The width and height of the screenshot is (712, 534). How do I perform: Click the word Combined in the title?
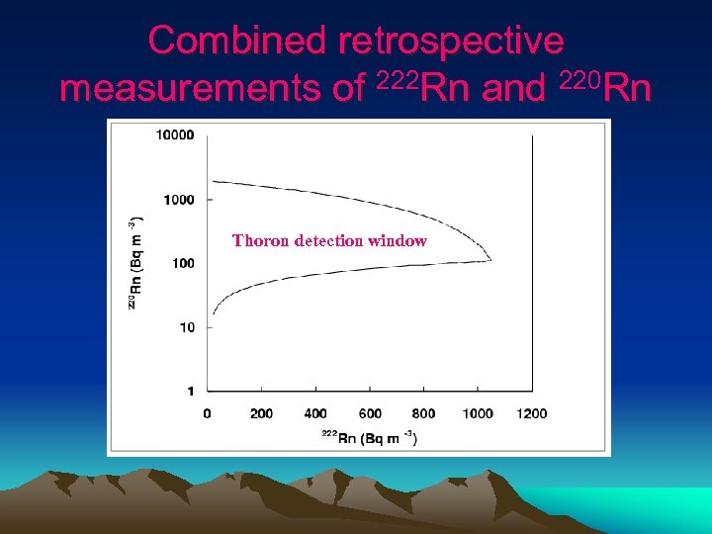[237, 41]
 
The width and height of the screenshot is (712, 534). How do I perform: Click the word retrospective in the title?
[451, 41]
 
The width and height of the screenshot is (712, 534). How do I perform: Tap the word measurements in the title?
[188, 89]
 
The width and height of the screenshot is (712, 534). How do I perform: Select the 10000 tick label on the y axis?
[175, 135]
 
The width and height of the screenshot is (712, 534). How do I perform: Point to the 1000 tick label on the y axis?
[178, 200]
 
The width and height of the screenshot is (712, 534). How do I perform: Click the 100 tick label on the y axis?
[181, 263]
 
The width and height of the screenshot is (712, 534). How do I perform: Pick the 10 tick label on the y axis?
[185, 327]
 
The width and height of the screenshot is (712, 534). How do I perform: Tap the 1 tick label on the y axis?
[190, 392]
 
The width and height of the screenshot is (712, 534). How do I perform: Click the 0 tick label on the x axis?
[207, 413]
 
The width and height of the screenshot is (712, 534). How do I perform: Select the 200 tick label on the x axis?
[261, 413]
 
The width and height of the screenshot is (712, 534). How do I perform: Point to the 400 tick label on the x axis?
[315, 413]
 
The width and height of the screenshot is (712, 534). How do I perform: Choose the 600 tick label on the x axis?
[369, 413]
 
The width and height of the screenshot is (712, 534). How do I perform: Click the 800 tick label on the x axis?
[423, 413]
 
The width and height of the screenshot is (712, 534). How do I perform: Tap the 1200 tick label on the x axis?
[530, 413]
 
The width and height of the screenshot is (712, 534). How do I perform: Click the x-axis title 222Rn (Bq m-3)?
[369, 438]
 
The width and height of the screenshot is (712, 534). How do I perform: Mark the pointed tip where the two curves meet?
[491, 260]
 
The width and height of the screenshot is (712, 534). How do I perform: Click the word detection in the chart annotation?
[330, 240]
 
